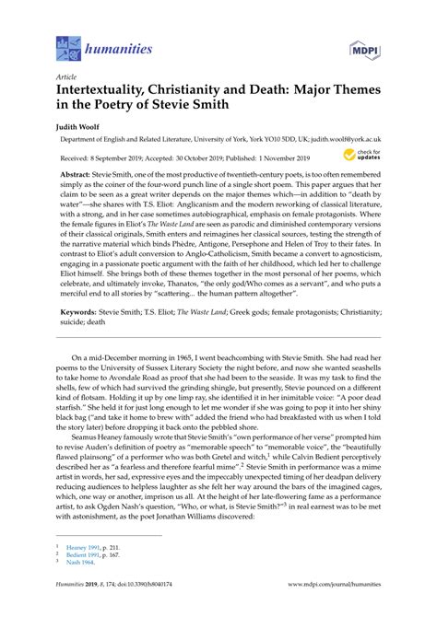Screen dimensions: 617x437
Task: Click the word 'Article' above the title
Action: click(66, 78)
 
